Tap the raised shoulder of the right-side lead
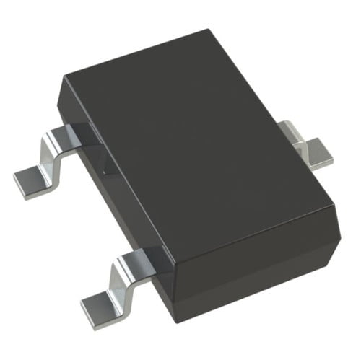pos(292,130)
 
